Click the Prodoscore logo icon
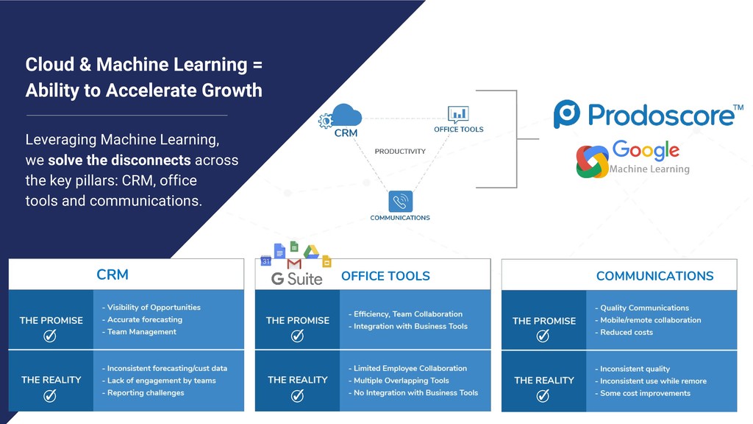coord(568,115)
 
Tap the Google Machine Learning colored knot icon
coord(592,161)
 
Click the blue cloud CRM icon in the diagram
coord(346,116)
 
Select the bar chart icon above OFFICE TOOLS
coord(458,114)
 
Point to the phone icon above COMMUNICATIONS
coord(400,201)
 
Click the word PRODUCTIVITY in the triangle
coord(400,152)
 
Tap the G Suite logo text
coord(297,278)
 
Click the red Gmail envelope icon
coord(294,263)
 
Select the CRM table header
coord(113,275)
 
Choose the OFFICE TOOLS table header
coord(385,276)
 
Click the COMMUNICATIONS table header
coord(654,276)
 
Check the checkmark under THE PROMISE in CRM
coord(51,336)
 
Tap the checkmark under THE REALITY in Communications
coord(543,395)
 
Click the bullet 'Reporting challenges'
coord(146,392)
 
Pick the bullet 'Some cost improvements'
coord(645,393)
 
